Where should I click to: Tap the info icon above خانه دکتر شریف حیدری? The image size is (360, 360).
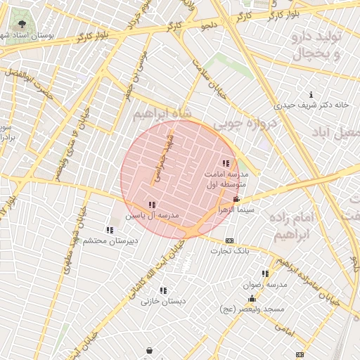click(x=311, y=94)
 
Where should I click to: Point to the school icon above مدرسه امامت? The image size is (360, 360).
click(x=226, y=163)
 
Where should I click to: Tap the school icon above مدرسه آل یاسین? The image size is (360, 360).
click(x=152, y=205)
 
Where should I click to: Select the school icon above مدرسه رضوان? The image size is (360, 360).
click(x=265, y=274)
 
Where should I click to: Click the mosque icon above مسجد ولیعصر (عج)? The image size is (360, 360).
click(x=252, y=299)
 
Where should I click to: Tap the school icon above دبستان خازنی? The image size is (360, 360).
click(x=163, y=290)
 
